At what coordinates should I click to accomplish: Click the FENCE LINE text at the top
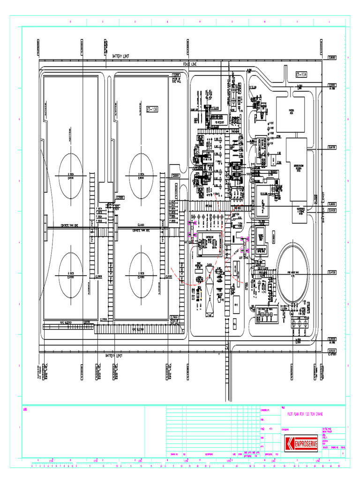[x=190, y=62]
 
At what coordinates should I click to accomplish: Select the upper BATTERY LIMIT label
[x=120, y=56]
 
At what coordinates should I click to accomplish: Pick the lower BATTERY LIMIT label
[x=116, y=356]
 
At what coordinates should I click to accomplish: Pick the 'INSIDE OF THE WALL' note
[x=176, y=79]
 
